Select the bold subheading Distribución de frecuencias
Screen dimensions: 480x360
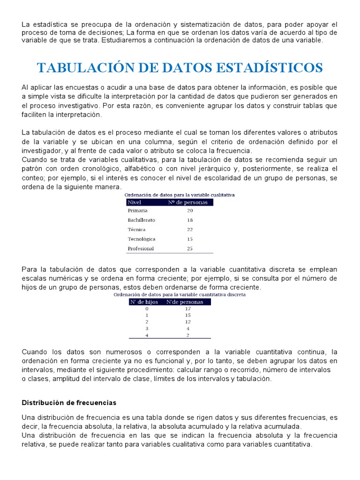69,403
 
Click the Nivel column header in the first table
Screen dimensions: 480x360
135,202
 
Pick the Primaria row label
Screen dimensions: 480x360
137,211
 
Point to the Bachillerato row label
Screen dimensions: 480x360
142,220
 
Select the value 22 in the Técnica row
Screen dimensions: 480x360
190,230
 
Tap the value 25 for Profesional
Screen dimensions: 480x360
190,248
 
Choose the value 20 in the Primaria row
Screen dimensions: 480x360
190,211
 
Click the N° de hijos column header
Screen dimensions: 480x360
144,302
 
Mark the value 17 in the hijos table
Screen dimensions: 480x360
188,309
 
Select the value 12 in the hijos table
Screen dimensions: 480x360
188,322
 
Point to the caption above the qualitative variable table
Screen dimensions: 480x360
180,195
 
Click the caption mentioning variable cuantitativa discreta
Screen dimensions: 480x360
180,295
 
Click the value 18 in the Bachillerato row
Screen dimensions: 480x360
190,220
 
